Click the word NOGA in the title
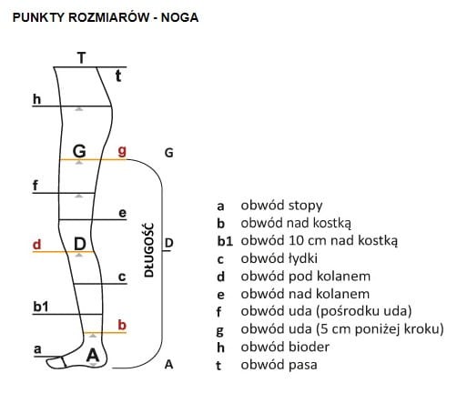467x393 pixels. coord(179,17)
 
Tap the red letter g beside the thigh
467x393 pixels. coord(122,151)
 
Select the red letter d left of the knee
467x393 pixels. coord(36,245)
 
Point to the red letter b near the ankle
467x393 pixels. coord(122,325)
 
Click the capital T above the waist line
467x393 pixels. coord(81,57)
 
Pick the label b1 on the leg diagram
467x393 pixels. coord(41,307)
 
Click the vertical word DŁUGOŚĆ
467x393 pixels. coord(149,250)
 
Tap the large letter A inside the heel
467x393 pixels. coord(93,355)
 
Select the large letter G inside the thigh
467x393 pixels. coord(79,151)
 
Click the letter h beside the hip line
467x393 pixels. coord(36,99)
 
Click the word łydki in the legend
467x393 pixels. coord(302,258)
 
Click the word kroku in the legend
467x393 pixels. coord(421,329)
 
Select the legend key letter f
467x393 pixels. coord(219,311)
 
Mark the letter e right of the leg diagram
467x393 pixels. coord(122,213)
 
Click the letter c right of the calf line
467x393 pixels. coord(122,277)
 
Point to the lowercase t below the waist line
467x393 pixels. coord(118,76)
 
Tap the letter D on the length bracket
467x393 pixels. coord(168,243)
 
